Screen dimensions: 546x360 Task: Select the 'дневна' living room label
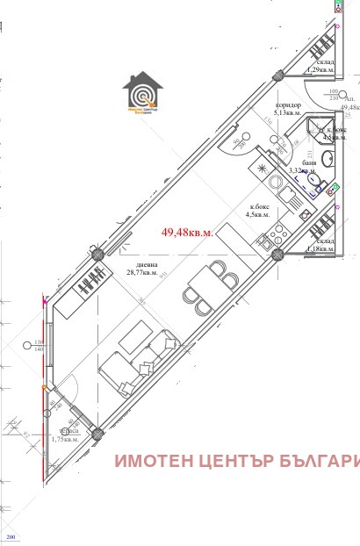click(135, 264)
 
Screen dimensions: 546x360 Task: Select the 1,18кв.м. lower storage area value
click(319, 249)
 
